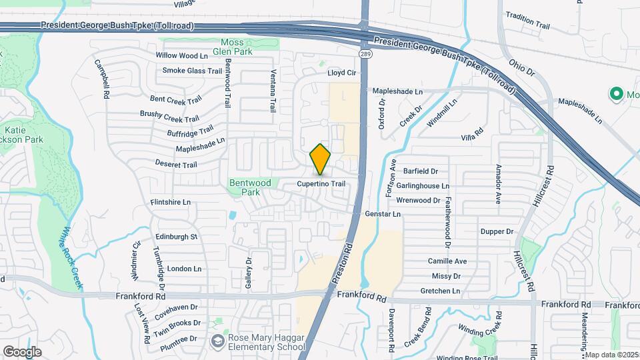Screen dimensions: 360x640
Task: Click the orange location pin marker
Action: click(x=321, y=159)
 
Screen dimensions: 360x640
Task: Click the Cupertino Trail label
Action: click(x=321, y=184)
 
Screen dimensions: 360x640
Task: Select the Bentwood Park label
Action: click(x=250, y=187)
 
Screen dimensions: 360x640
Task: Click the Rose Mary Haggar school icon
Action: click(x=217, y=341)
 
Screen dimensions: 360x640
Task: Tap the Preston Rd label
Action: click(x=341, y=266)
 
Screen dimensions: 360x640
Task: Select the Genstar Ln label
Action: click(x=383, y=214)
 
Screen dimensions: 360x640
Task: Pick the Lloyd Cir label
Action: click(x=342, y=73)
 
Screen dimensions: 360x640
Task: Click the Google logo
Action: click(x=22, y=351)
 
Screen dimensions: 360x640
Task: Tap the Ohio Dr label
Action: click(x=522, y=67)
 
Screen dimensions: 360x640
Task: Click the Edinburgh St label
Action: click(x=176, y=237)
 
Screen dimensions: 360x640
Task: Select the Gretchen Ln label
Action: click(x=440, y=291)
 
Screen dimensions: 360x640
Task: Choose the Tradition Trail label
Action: click(x=527, y=21)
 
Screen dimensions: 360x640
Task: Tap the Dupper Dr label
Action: click(x=497, y=231)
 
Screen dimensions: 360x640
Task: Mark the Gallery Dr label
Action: click(x=249, y=273)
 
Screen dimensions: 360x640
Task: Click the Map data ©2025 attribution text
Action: click(x=612, y=355)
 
